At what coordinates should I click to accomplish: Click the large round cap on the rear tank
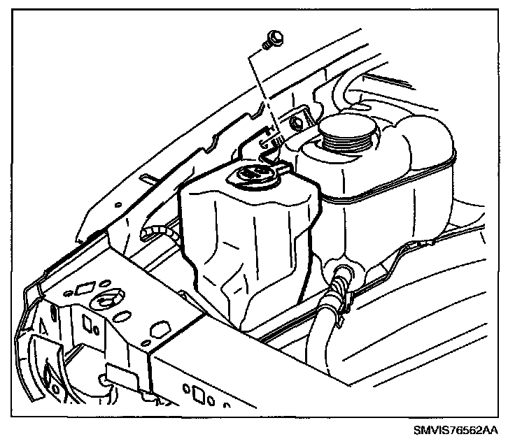coord(346,130)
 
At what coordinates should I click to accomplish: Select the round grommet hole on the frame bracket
coord(106,301)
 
